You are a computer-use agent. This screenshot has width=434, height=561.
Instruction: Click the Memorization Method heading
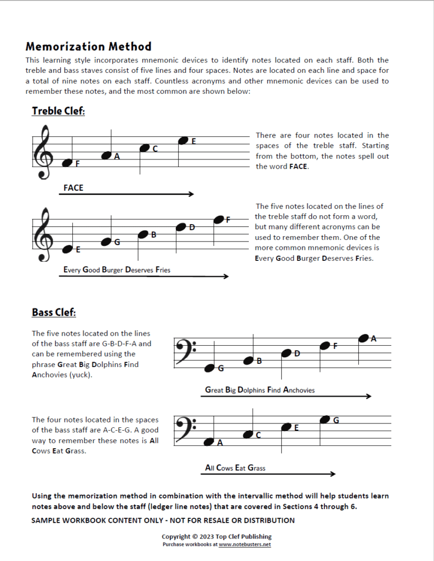[x=88, y=47]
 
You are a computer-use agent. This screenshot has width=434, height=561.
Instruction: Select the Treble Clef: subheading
[x=59, y=111]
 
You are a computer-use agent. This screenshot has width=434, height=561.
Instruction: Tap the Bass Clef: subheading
[x=54, y=313]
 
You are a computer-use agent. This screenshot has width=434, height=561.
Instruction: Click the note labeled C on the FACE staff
[x=145, y=148]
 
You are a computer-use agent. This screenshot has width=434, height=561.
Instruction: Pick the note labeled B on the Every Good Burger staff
[x=144, y=234]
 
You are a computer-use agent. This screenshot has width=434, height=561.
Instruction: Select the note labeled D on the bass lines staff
[x=286, y=353]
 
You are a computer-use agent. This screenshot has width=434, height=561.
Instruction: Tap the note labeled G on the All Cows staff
[x=324, y=420]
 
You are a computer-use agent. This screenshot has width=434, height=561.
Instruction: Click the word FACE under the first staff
[x=73, y=188]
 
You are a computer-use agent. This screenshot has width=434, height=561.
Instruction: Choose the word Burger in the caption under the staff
[x=112, y=270]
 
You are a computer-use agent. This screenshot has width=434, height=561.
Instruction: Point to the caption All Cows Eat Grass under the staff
[x=235, y=468]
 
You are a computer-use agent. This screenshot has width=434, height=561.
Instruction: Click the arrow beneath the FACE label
[x=127, y=194]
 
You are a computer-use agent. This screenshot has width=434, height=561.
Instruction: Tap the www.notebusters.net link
[x=245, y=545]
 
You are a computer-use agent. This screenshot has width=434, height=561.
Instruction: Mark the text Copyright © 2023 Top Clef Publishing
[x=216, y=536]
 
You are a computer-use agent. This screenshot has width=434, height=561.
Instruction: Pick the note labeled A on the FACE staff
[x=107, y=156]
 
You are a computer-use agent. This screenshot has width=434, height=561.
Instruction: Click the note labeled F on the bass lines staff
[x=325, y=346]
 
